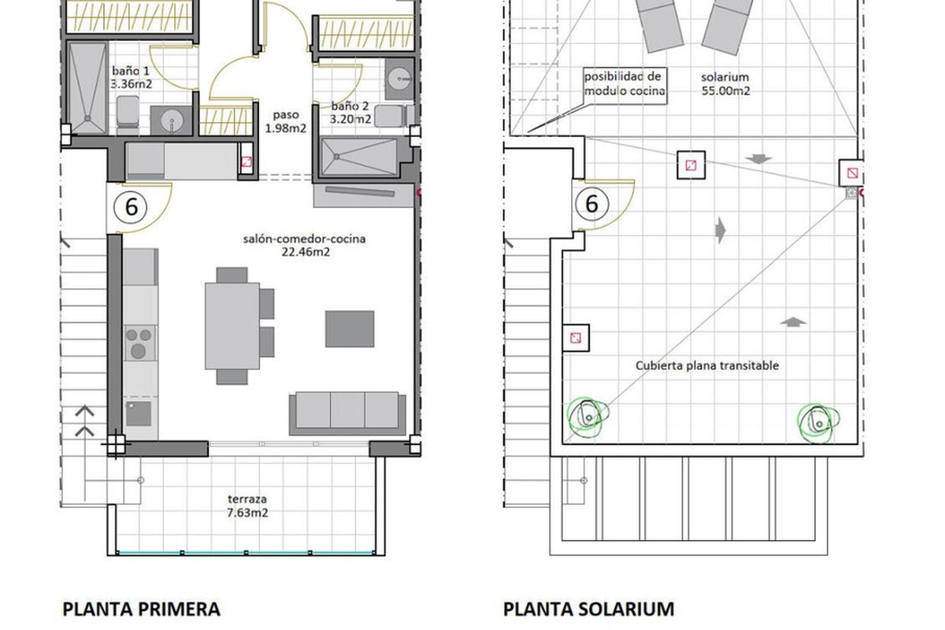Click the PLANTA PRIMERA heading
141,610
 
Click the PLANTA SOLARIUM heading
588,610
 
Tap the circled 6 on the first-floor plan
131,208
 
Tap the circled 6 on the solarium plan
592,204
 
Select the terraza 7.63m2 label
247,506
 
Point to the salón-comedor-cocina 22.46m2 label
305,245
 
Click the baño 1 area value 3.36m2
132,84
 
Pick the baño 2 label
350,106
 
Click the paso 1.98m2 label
286,121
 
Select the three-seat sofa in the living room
347,413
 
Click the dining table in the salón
232,326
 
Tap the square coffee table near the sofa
350,329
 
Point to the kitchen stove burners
139,343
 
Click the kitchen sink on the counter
139,413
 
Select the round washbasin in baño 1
172,120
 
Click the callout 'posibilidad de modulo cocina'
624,83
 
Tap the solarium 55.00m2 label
725,83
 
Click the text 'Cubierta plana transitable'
707,365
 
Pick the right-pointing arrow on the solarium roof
721,230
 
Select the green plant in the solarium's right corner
817,423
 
